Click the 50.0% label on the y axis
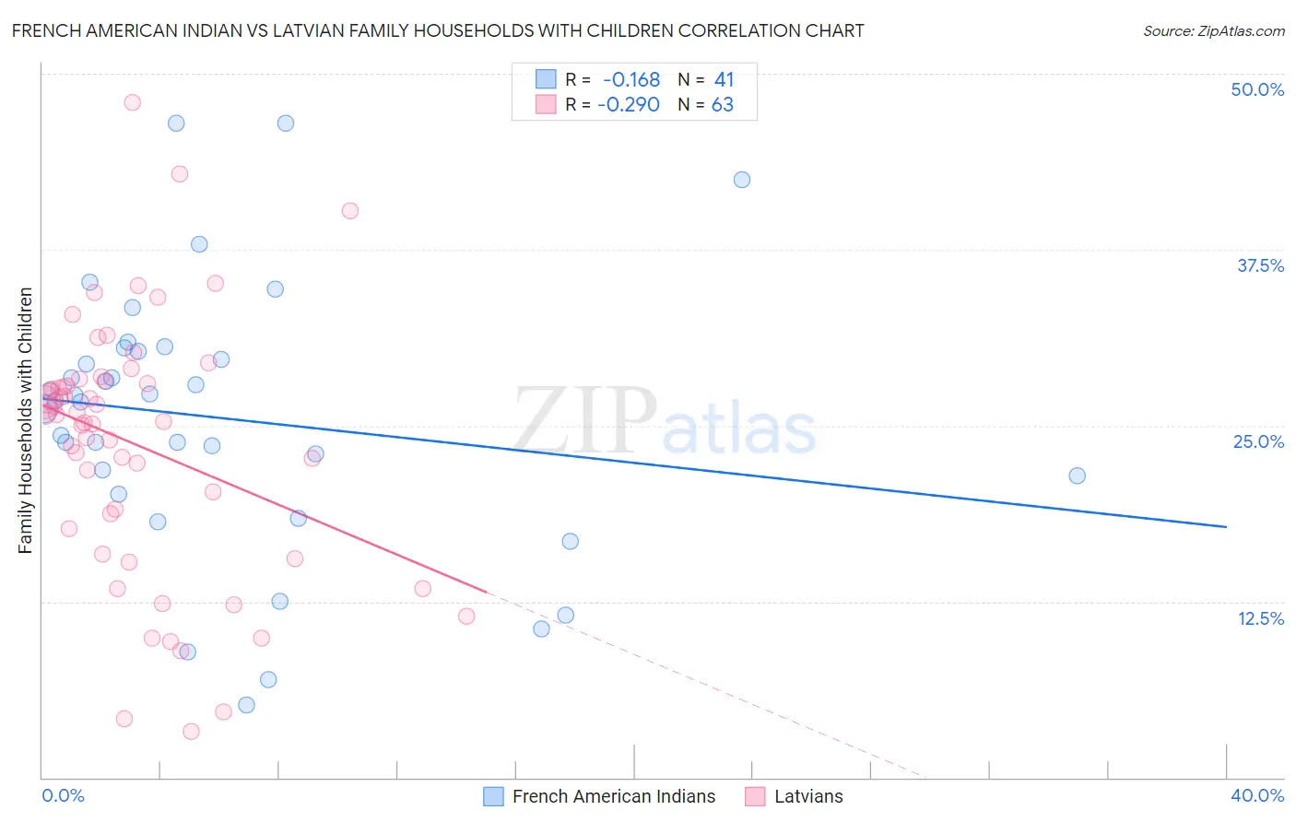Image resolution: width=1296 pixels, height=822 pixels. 1257,89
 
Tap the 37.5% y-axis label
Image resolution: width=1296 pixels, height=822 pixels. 1260,265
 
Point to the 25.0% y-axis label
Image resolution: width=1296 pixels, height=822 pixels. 1258,441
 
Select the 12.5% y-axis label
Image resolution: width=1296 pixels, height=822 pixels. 1260,618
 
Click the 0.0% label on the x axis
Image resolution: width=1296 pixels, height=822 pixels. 63,795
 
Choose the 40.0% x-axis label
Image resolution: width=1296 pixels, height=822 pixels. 1257,795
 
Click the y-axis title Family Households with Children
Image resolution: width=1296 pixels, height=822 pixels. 25,420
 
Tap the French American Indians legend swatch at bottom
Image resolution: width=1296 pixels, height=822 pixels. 494,796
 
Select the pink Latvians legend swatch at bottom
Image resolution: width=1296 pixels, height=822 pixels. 756,796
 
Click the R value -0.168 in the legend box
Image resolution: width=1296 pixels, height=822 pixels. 630,80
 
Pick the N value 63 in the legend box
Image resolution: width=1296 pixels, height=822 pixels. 722,105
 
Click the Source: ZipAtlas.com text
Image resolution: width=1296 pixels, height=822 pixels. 1213,31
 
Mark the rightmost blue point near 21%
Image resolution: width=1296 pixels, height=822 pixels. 1077,476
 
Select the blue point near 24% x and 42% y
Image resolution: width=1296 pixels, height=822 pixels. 742,180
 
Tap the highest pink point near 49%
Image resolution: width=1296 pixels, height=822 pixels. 132,102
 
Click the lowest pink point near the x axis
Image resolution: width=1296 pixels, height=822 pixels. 191,732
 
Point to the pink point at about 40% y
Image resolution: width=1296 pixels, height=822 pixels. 349,210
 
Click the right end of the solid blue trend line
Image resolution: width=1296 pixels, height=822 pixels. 1226,526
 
